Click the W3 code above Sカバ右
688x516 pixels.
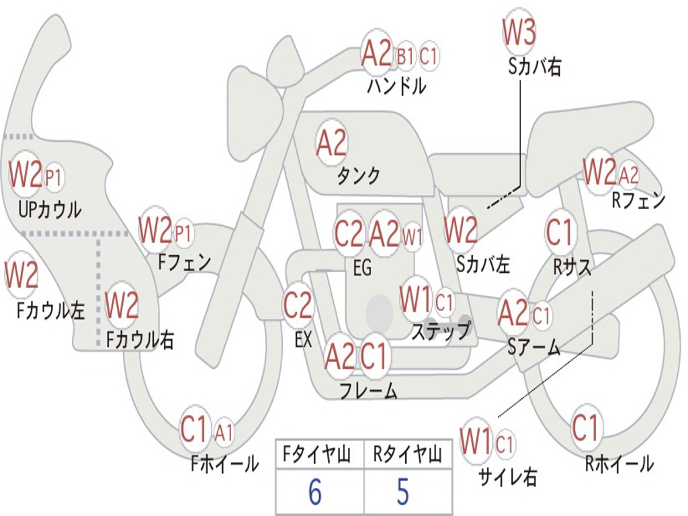[x=519, y=32]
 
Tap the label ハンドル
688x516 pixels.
[x=396, y=86]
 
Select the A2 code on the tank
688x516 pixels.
[x=331, y=142]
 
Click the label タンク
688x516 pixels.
[x=358, y=176]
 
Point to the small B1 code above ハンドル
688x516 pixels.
[x=405, y=57]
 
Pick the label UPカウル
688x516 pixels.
[x=49, y=210]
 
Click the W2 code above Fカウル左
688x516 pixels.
[x=21, y=275]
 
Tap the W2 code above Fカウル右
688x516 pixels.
[x=122, y=305]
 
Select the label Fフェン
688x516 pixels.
[x=184, y=261]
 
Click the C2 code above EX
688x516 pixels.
[x=298, y=306]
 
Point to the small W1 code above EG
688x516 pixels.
[x=413, y=236]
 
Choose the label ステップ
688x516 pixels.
[x=441, y=331]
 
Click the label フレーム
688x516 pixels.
[x=368, y=390]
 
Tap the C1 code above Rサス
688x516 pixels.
[x=559, y=232]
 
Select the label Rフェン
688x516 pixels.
[x=638, y=200]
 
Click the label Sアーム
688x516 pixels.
[x=534, y=347]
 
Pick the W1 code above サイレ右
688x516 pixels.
[x=476, y=442]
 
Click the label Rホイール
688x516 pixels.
[x=619, y=464]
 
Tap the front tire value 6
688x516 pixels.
[x=314, y=492]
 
